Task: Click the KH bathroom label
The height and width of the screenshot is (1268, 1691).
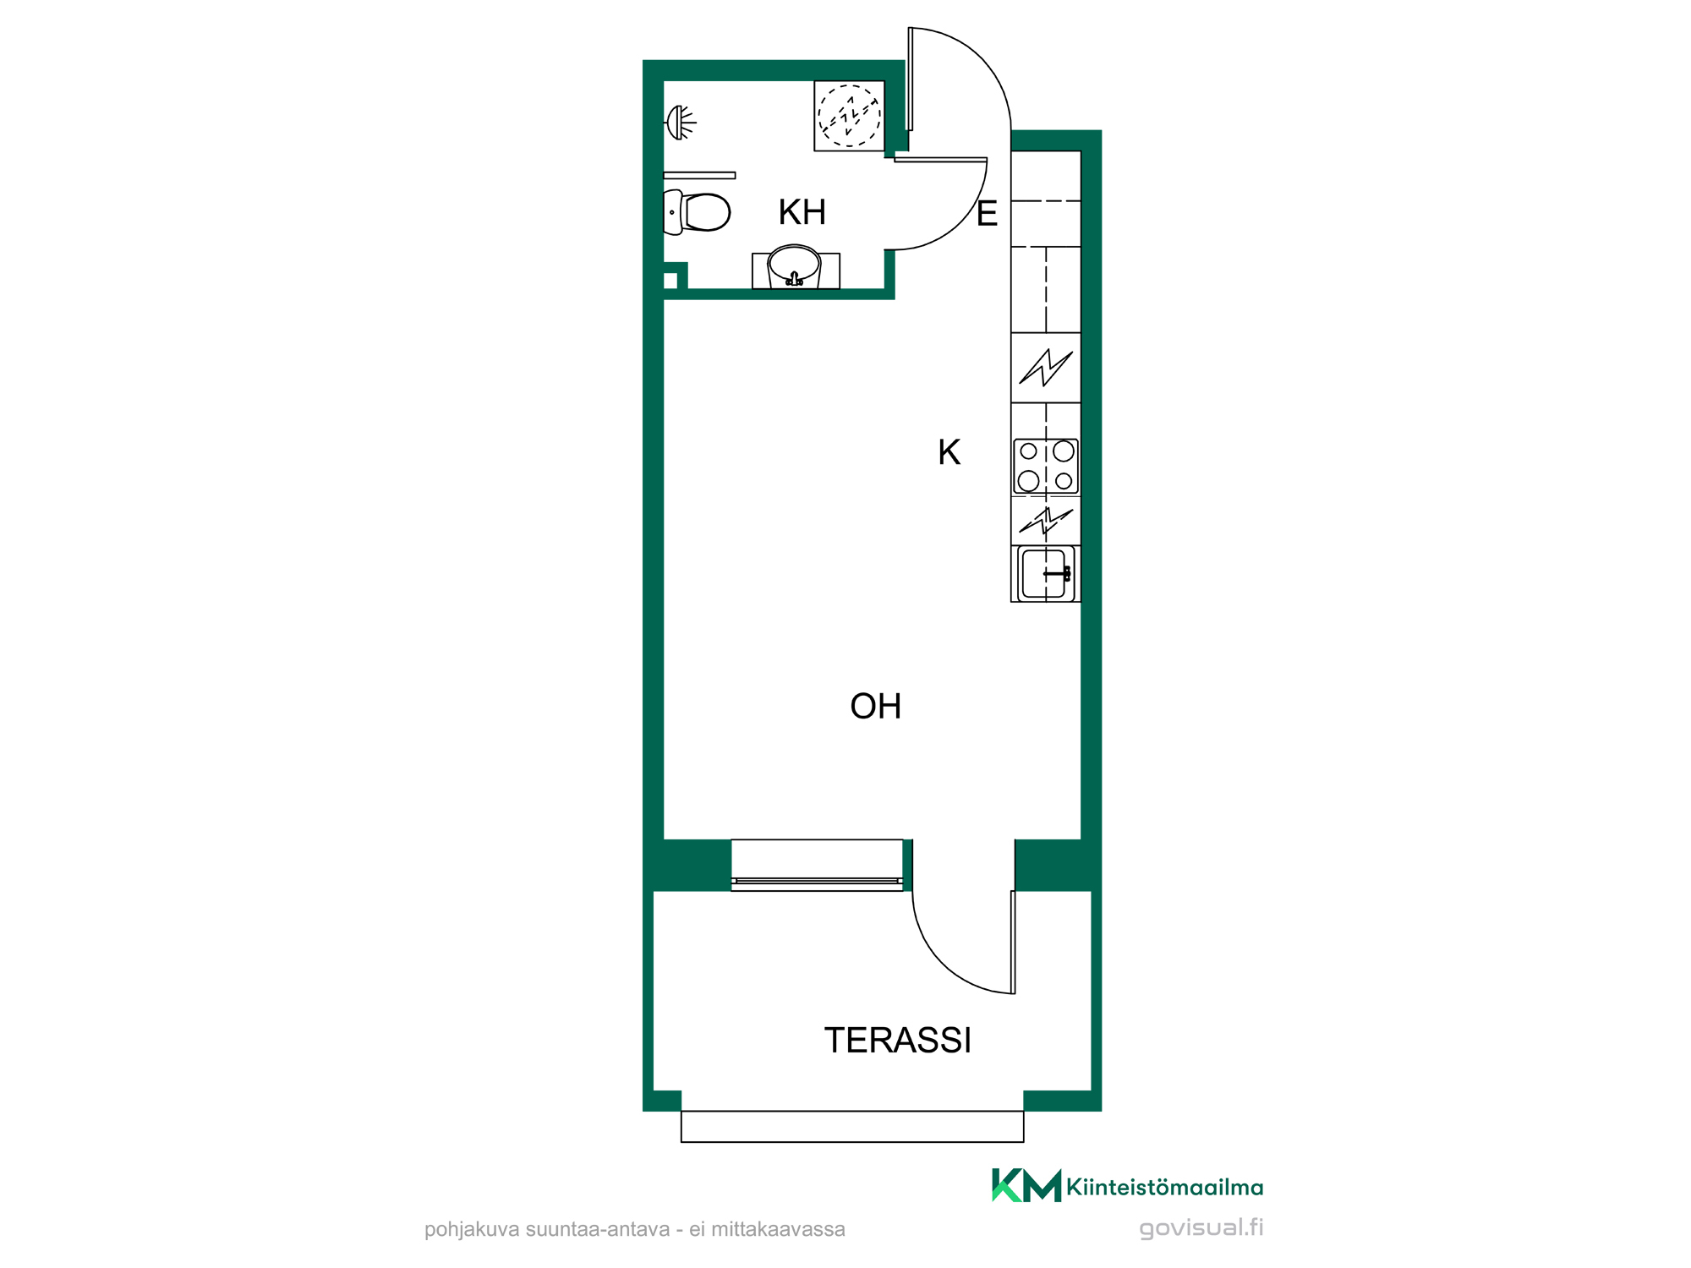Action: (x=802, y=212)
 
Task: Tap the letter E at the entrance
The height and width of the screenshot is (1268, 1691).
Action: (x=987, y=214)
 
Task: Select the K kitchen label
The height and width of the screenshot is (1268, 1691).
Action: (x=949, y=452)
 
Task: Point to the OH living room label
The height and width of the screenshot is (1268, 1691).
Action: (x=875, y=706)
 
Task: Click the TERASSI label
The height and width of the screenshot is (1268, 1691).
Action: (x=897, y=1041)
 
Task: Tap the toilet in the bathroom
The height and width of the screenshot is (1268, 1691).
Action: (x=697, y=212)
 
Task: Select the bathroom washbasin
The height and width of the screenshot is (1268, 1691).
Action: (x=795, y=268)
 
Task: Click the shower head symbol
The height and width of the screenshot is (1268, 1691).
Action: (x=681, y=123)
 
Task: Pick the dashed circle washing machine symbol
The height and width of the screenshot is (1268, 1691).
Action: (x=849, y=116)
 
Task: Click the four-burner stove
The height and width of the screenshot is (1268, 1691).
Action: (x=1046, y=466)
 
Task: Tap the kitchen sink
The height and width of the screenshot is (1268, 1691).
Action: (x=1046, y=574)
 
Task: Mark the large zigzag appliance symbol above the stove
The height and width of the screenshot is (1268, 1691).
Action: (x=1046, y=368)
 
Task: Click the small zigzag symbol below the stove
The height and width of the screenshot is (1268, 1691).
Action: (x=1046, y=522)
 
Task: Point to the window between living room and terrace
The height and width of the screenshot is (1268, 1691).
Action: (x=817, y=865)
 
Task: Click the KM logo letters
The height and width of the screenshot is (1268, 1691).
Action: (x=1026, y=1185)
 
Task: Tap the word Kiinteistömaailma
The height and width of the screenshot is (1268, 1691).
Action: (x=1165, y=1187)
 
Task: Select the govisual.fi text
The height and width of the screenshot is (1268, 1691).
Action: (x=1201, y=1227)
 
